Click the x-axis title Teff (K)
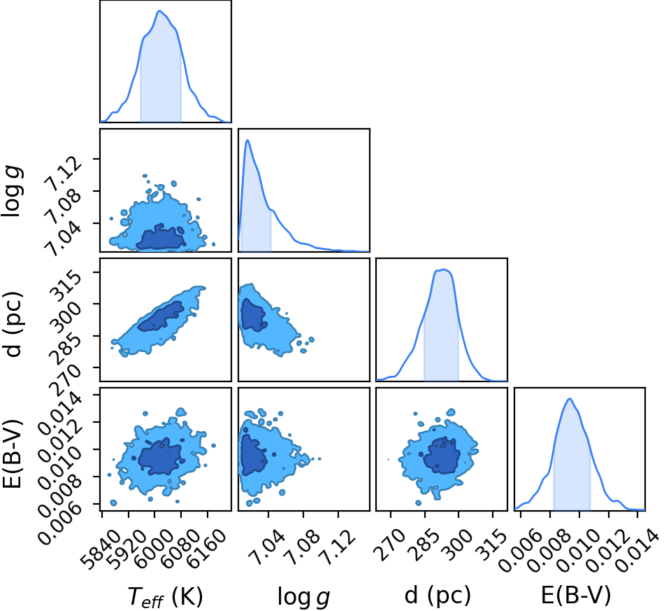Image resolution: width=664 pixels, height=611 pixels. click(165, 596)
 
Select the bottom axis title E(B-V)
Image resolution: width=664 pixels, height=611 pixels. click(577, 596)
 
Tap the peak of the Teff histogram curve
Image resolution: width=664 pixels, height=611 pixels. click(159, 11)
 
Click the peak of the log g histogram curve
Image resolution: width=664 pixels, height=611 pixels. click(247, 140)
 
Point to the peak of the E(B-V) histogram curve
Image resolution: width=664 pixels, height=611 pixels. click(570, 398)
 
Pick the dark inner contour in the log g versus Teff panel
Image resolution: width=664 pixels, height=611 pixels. click(161, 238)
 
